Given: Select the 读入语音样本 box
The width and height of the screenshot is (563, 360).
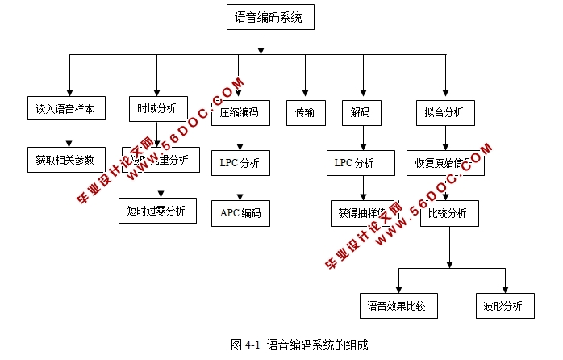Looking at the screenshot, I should [65, 109].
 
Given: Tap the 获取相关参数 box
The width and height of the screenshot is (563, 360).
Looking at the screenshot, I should [65, 158].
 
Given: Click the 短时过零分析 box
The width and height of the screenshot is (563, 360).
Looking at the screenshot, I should [156, 210].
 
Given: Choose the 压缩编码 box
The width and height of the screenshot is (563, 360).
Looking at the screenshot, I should [240, 112].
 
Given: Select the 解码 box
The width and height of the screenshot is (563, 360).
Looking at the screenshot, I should [355, 112].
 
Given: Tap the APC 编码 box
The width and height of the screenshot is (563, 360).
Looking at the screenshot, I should [240, 213].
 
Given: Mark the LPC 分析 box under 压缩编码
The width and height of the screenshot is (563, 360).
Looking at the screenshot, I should [240, 162].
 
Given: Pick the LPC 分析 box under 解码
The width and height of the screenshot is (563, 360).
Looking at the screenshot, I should [355, 162].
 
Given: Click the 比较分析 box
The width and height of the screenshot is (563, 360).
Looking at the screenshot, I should [448, 213].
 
